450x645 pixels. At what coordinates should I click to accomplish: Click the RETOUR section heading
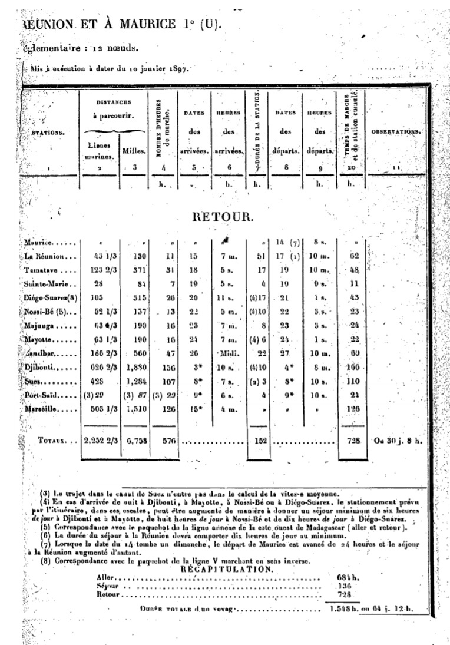pos(223,217)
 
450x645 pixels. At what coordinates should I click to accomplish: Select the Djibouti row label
pos(39,367)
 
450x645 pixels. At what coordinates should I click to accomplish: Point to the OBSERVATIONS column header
pos(396,131)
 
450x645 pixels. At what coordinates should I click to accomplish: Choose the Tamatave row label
pos(42,270)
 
